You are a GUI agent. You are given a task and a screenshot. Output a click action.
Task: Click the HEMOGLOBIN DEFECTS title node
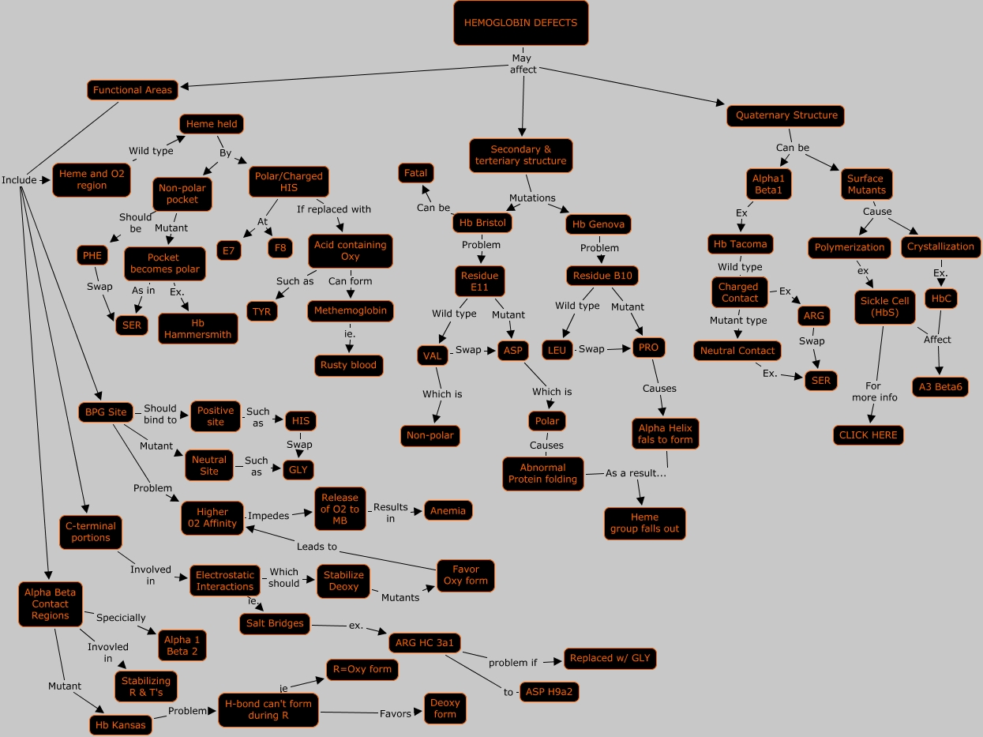coord(520,23)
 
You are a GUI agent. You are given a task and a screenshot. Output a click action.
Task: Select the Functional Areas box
coord(132,90)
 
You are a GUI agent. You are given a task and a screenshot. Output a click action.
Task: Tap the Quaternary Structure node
coord(786,115)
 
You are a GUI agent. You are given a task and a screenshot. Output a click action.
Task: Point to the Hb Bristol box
coord(483,224)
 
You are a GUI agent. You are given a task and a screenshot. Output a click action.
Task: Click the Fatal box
coord(415,172)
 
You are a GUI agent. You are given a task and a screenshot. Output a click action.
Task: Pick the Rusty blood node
coord(348,366)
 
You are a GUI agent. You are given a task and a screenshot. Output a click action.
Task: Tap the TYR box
coord(261,311)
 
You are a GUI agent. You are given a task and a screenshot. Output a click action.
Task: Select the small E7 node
coord(229,250)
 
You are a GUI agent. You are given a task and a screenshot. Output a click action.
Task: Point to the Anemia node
coord(448,510)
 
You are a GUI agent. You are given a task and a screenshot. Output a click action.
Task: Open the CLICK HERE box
coord(869,435)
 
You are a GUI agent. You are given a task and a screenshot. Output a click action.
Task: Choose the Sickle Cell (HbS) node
coord(884,306)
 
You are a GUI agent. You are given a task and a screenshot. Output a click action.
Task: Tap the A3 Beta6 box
coord(940,387)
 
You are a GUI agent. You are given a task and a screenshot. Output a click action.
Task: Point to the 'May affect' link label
coord(523,64)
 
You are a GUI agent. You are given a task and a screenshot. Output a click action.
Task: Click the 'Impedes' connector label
coord(268,516)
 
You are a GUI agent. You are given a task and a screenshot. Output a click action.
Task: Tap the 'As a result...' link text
coord(636,473)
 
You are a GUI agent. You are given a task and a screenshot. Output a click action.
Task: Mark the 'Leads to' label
coord(317,547)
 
